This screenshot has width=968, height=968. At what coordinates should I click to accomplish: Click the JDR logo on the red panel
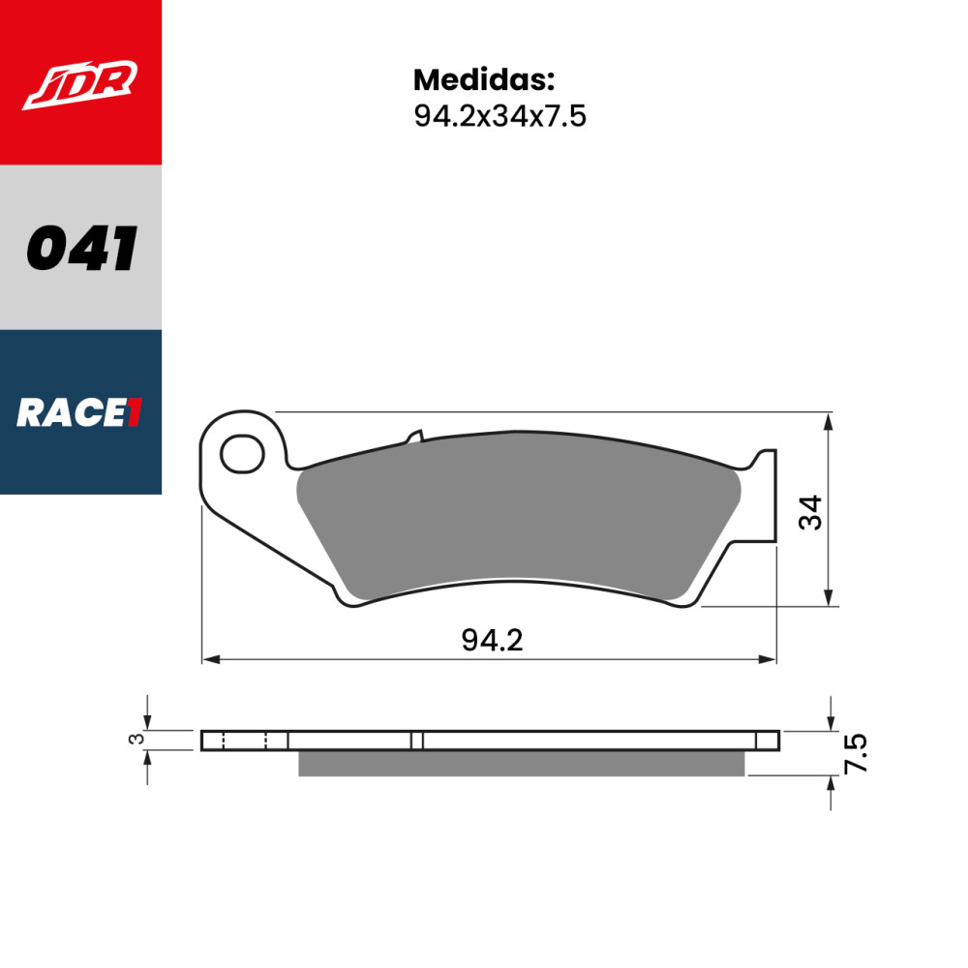80,84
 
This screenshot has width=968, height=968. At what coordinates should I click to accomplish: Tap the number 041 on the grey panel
81,249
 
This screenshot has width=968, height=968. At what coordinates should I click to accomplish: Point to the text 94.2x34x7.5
499,116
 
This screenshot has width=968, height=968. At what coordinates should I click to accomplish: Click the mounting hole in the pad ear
242,454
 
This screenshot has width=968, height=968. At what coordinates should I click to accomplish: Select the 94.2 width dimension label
492,640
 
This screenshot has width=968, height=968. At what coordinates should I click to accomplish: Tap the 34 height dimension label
810,511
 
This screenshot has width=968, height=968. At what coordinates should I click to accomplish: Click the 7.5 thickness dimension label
856,752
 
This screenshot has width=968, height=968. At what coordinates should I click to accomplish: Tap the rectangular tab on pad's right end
764,494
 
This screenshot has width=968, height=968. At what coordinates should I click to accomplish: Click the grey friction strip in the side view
521,764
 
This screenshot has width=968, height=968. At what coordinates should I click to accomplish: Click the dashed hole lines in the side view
244,741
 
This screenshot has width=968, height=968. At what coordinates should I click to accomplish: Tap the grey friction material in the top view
513,513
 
